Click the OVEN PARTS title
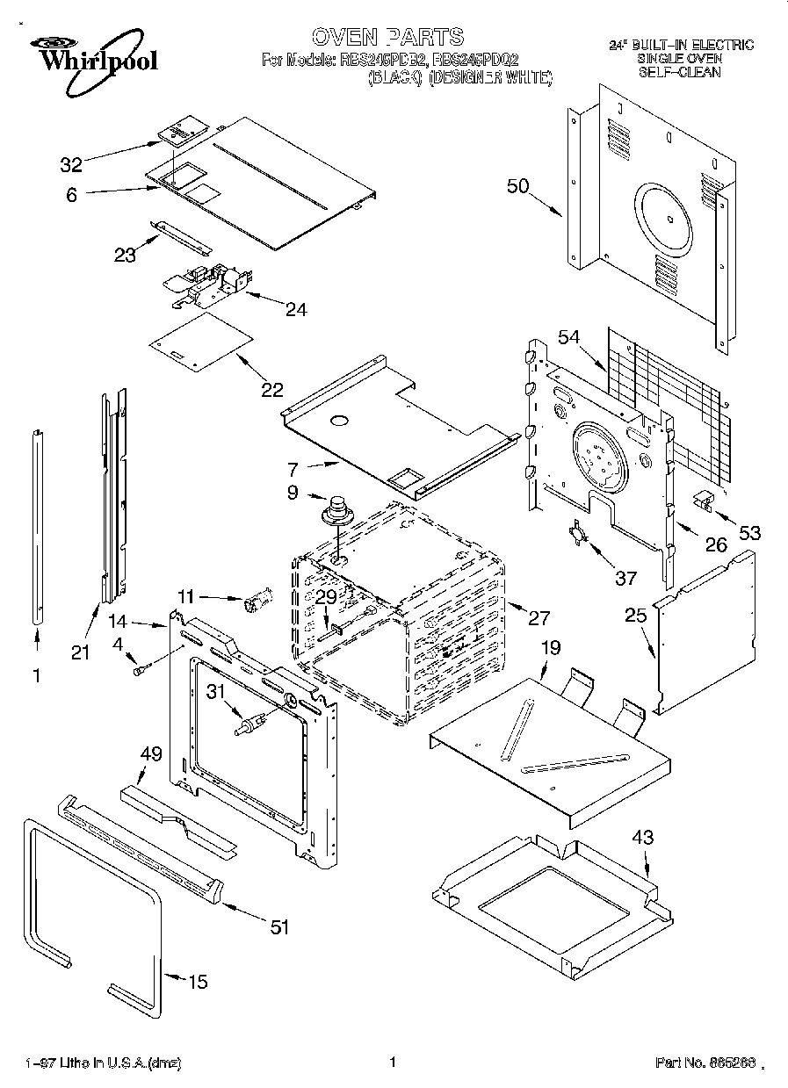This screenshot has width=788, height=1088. tap(387, 36)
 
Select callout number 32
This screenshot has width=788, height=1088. tap(70, 164)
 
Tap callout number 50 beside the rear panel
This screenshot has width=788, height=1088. tap(517, 185)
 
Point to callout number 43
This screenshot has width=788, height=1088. tap(643, 838)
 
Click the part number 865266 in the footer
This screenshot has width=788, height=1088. tap(705, 1063)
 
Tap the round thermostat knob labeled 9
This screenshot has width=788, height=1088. tap(336, 510)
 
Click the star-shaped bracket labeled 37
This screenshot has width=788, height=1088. tap(578, 535)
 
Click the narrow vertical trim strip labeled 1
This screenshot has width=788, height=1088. tap(38, 526)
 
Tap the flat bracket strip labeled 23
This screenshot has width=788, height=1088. tap(179, 234)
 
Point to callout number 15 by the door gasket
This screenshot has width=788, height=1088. tap(199, 982)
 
